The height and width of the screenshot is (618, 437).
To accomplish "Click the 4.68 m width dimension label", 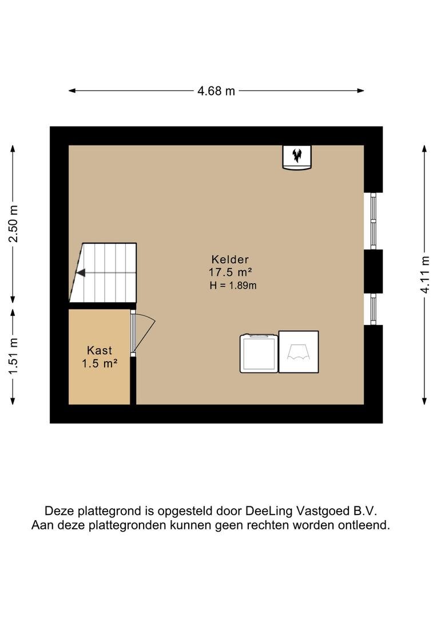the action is click(216, 91).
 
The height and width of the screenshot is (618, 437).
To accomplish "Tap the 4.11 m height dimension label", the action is click(424, 274).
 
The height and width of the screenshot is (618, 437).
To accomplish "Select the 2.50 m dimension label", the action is click(13, 224).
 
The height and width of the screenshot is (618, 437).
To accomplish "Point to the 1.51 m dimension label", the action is click(13, 356).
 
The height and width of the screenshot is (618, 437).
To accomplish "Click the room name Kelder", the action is click(230, 259).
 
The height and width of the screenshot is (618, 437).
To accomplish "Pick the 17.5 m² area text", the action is click(230, 272).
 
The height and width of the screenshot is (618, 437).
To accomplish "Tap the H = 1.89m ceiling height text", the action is click(233, 286).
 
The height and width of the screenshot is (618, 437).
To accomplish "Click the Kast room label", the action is click(100, 350).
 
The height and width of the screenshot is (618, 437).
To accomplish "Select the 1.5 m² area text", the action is click(100, 363).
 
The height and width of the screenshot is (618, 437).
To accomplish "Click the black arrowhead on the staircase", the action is click(81, 273).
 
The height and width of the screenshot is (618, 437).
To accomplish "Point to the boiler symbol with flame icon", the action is click(297, 157).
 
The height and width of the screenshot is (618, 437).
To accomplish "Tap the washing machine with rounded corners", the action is click(259, 353).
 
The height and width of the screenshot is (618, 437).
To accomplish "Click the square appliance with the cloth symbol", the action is click(299, 351).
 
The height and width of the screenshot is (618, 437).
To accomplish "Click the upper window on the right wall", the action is click(373, 221).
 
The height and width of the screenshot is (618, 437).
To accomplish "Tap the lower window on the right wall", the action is click(373, 309).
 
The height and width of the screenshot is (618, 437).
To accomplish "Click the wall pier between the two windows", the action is click(373, 272).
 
